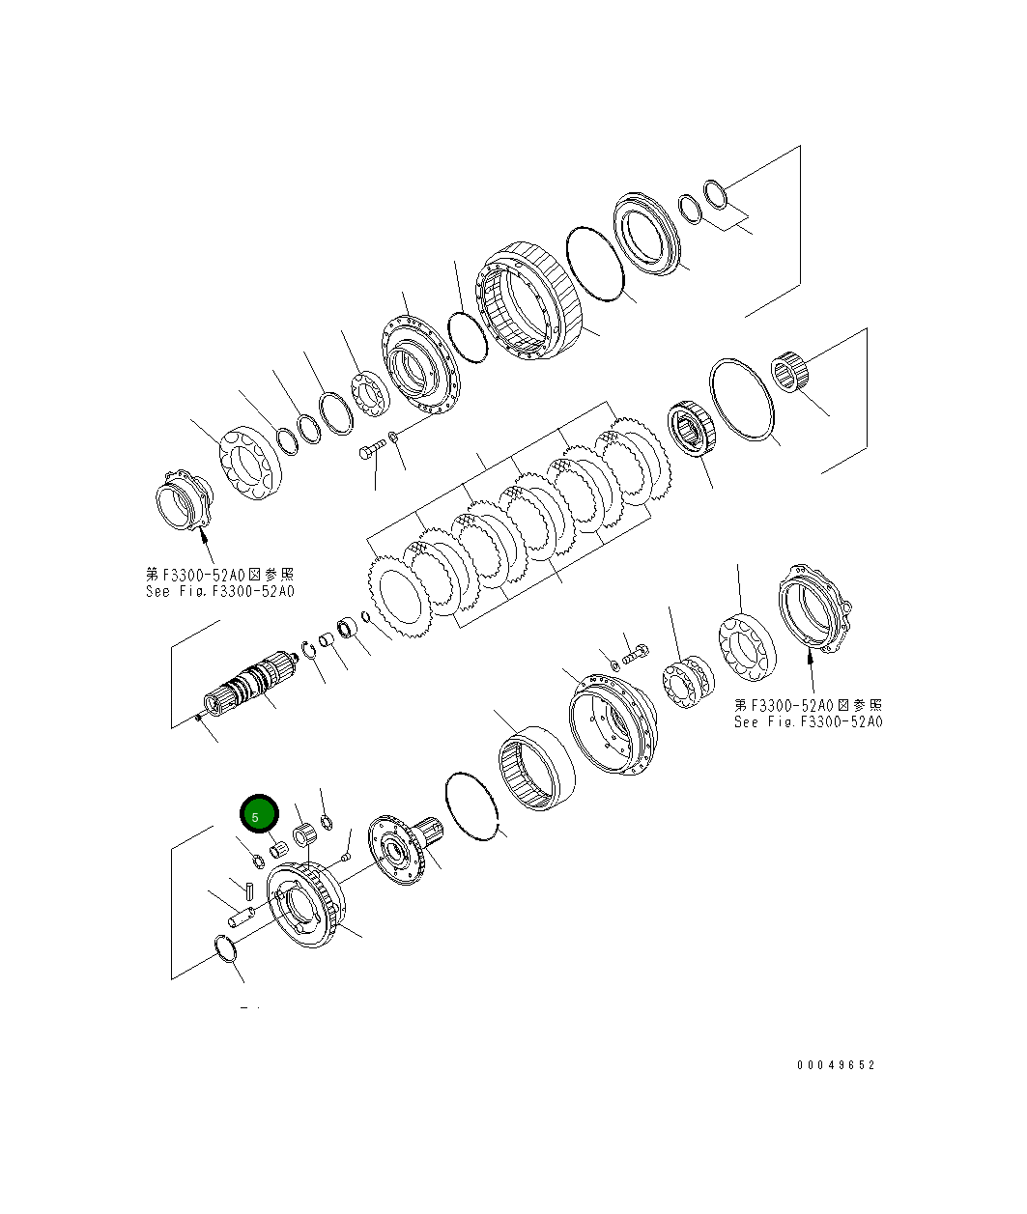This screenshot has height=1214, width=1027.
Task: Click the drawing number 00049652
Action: click(836, 1065)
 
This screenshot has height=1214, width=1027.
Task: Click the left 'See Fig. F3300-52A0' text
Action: click(220, 591)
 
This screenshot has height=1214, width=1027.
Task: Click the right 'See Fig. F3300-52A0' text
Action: click(808, 721)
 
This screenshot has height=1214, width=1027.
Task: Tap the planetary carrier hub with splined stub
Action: click(406, 850)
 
